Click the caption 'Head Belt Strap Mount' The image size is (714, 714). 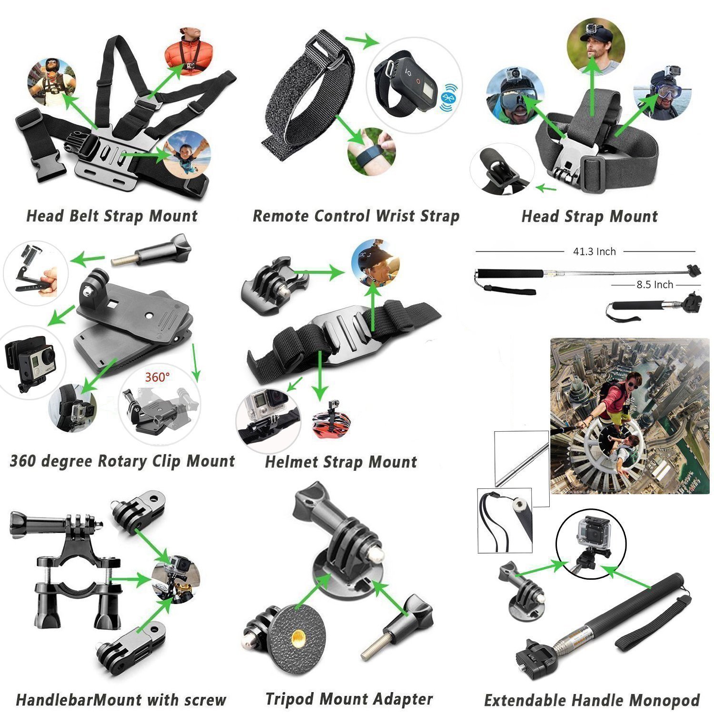click(x=112, y=216)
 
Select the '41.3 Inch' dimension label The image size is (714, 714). click(x=594, y=251)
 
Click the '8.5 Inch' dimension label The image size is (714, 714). click(x=654, y=285)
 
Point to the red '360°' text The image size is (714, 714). click(x=157, y=377)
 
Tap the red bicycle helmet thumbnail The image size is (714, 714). click(x=331, y=420)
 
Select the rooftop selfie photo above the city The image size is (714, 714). click(x=629, y=416)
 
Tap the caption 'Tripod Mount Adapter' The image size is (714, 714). click(x=349, y=699)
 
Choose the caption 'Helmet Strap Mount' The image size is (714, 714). click(x=341, y=462)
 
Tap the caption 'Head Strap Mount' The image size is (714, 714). click(x=589, y=217)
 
